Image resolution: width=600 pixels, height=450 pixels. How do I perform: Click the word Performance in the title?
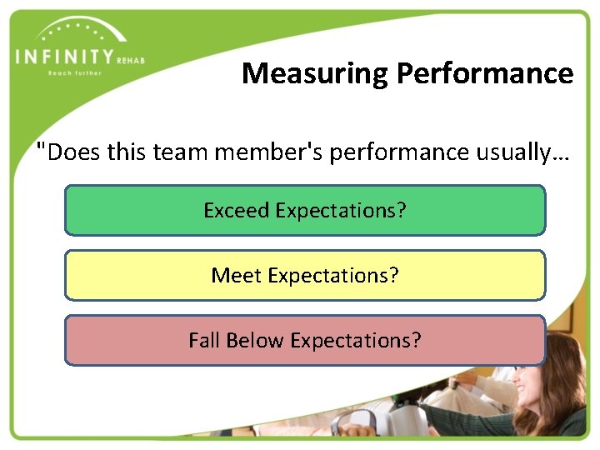[485, 74]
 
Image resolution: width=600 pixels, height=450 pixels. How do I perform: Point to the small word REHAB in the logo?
[131, 59]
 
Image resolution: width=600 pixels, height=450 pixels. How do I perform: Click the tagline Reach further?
[74, 73]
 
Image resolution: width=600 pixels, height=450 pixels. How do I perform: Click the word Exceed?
[237, 210]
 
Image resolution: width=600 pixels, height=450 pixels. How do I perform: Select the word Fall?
[203, 340]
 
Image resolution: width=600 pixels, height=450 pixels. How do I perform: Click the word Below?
[255, 340]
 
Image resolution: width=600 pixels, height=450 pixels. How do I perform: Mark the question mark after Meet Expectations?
[394, 275]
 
